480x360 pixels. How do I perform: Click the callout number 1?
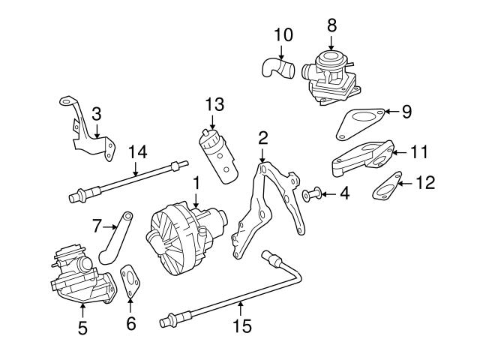click(x=196, y=182)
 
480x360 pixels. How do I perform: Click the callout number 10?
click(x=283, y=34)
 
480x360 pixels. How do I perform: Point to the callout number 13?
click(x=213, y=103)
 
